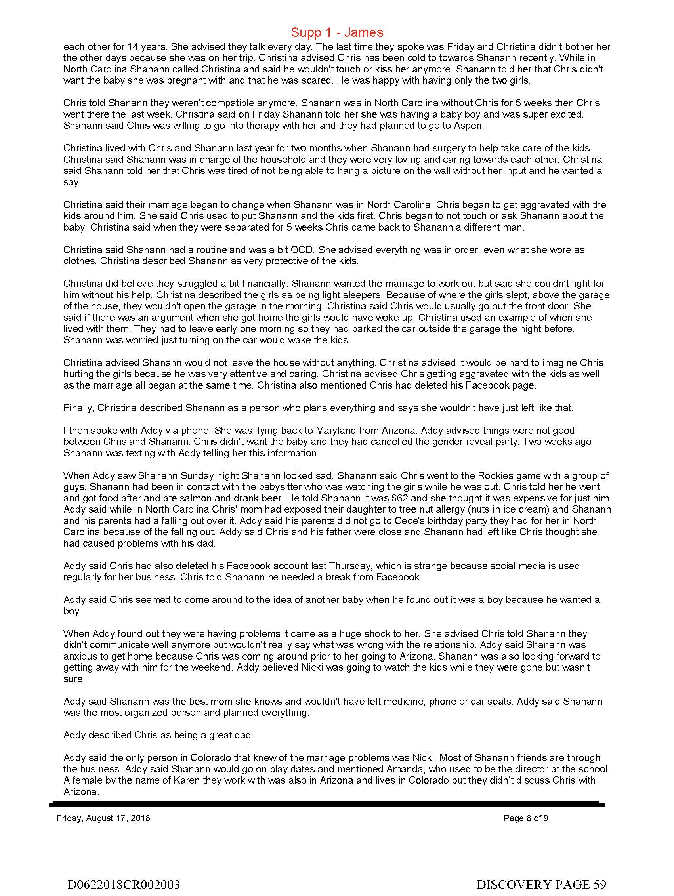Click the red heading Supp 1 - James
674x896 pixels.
pos(337,32)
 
